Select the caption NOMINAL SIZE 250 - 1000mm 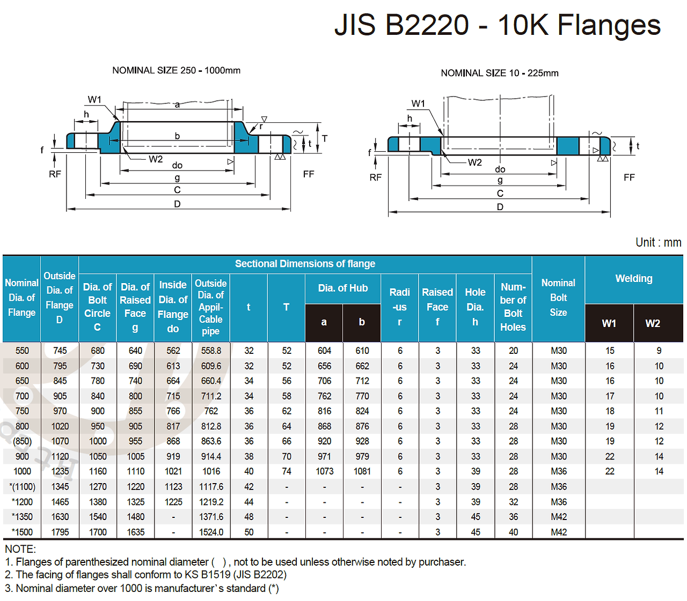pos(176,70)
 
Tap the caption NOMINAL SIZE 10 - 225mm pos(499,73)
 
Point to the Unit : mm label pos(658,242)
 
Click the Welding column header pos(634,279)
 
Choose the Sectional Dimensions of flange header pos(305,264)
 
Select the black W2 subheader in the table pos(653,323)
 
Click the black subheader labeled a pos(324,322)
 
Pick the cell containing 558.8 pos(211,351)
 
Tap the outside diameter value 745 pos(60,351)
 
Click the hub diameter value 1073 pos(324,471)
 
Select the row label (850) pos(22,441)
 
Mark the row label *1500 pos(22,532)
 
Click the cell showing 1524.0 pos(211,532)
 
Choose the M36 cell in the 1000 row pos(558,471)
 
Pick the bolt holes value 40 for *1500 pos(513,532)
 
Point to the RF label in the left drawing pos(55,174)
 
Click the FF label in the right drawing pos(629,177)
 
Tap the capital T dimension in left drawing pos(325,138)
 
